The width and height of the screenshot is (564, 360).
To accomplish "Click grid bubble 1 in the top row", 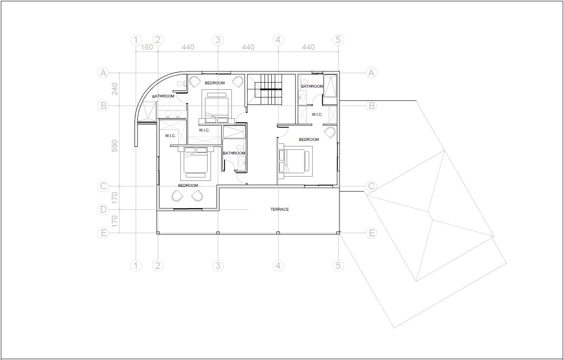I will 136,40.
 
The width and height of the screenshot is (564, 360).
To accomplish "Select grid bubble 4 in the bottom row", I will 278,266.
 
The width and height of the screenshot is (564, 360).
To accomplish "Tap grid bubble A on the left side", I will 103,73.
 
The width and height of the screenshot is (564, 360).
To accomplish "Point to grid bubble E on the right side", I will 371,233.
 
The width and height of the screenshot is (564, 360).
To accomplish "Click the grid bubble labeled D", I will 103,209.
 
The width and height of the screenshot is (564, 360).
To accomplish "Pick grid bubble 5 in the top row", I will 338,40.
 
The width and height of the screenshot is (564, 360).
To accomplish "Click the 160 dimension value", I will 147,47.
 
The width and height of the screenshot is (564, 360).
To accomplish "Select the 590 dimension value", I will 114,146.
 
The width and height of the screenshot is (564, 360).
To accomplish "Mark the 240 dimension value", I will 114,89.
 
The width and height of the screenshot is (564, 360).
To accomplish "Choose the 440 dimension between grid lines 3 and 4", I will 248,47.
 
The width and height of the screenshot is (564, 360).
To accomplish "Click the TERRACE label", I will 279,209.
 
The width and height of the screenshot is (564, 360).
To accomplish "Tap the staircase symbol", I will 265,89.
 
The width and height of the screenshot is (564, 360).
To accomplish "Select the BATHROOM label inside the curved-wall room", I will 163,96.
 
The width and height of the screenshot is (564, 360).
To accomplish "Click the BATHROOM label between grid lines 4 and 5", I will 312,86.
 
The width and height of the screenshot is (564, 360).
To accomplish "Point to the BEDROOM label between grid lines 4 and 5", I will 309,140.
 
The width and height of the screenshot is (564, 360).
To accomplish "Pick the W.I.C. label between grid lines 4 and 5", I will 317,114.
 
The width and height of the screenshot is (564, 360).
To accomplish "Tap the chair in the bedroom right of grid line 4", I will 330,132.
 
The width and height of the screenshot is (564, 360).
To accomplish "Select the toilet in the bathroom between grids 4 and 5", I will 304,80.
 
